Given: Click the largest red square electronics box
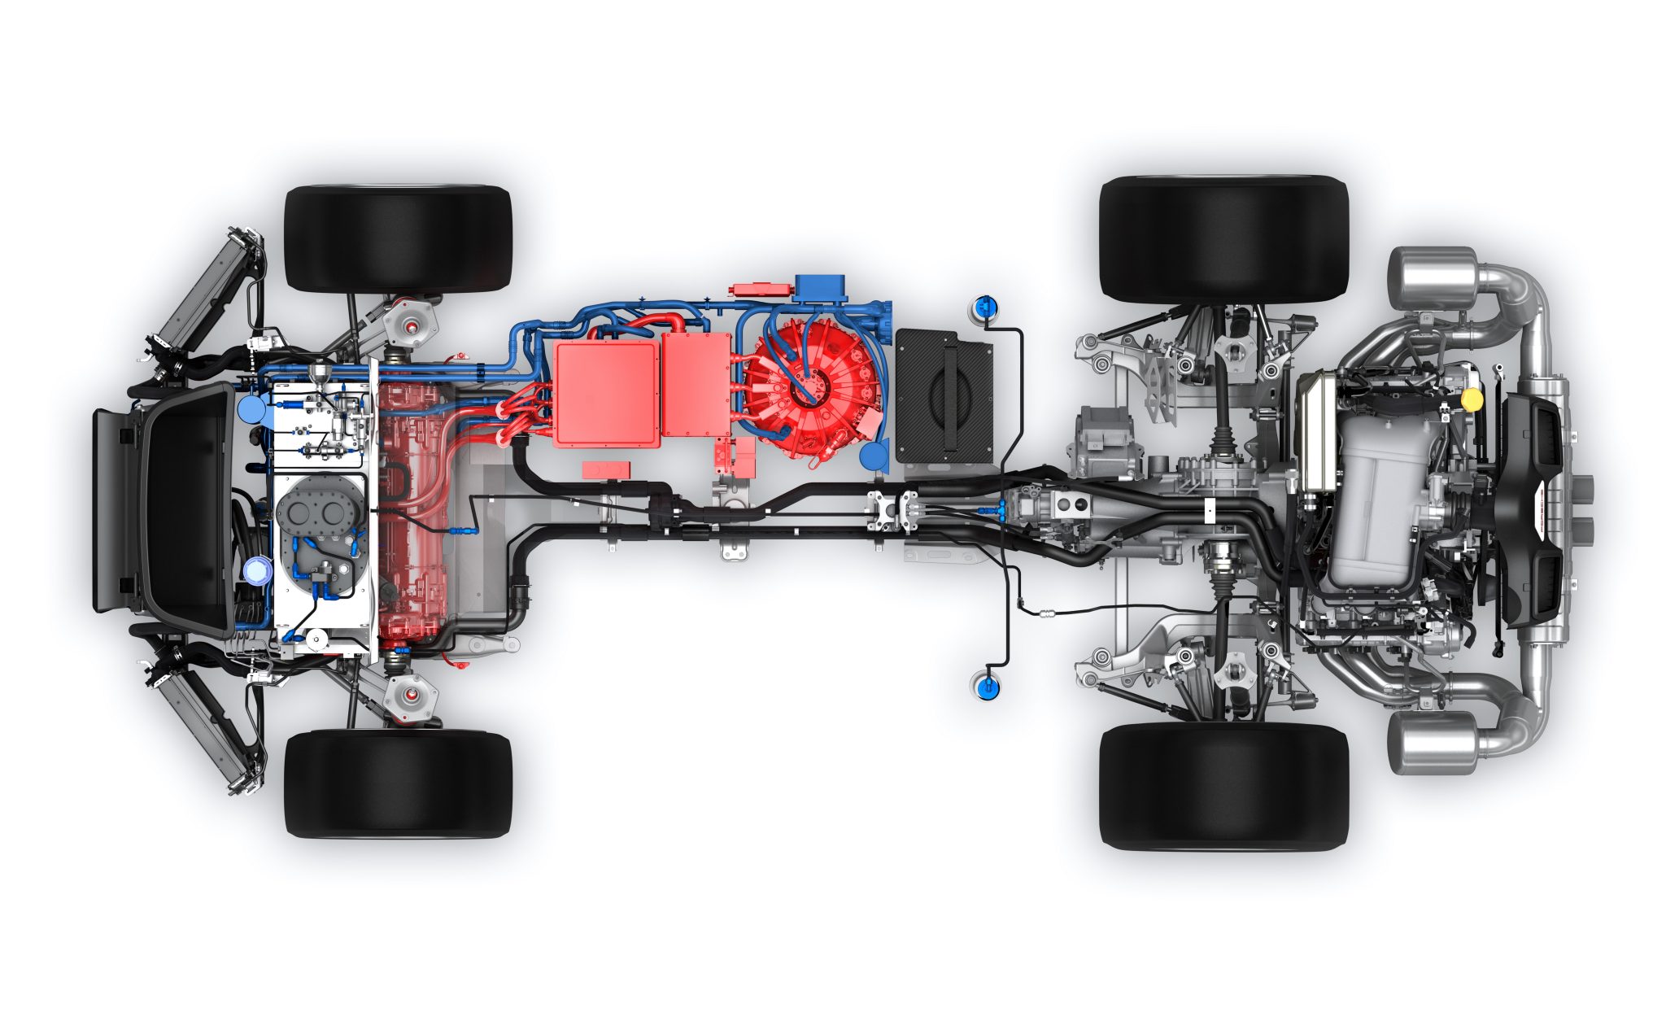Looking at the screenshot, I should (607, 393).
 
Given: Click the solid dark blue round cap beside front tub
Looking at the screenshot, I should (249, 408).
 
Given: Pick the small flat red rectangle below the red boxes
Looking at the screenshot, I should (605, 469).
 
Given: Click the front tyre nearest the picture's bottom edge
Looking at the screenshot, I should (398, 783).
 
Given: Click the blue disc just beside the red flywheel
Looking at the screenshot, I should (874, 456).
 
